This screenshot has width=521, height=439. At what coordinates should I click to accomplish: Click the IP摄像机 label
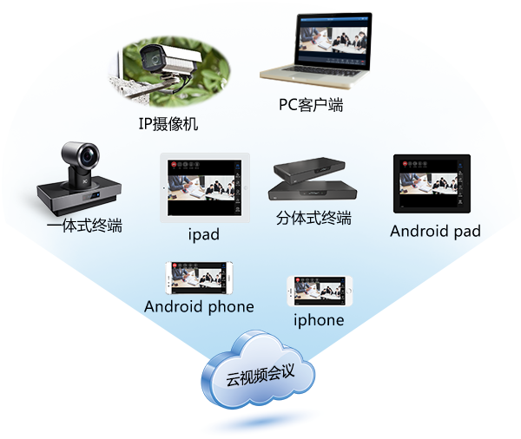[x=168, y=124]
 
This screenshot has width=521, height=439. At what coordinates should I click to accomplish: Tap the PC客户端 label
[x=311, y=105]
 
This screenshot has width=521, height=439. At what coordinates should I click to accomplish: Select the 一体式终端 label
[x=84, y=226]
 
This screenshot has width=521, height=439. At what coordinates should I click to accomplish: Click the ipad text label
[x=203, y=234]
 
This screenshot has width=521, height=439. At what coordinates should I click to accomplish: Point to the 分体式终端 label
[x=313, y=217]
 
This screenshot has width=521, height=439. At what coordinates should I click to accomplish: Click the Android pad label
[x=435, y=231]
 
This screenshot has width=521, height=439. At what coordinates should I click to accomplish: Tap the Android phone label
[x=199, y=306]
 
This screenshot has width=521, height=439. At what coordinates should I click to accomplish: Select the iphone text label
[x=319, y=320]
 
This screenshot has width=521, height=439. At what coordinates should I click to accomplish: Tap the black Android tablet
[x=432, y=184]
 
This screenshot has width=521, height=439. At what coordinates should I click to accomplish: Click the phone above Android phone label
[x=200, y=278]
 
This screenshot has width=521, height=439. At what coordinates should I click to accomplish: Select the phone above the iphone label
[x=320, y=291]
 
